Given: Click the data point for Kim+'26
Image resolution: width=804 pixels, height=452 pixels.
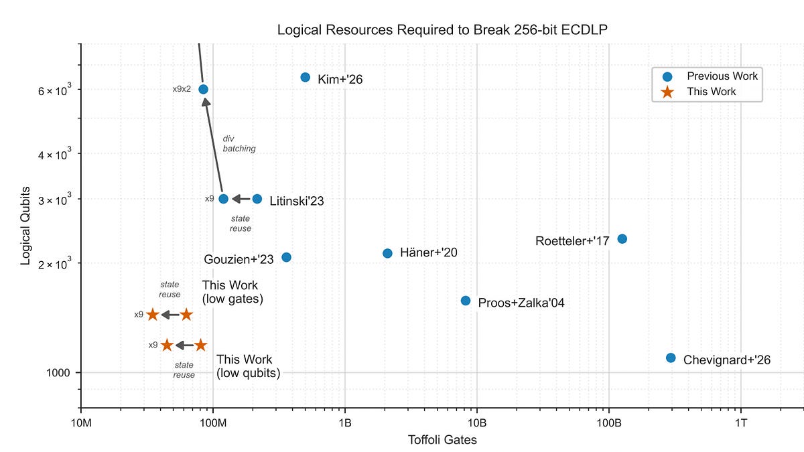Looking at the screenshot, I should [306, 78].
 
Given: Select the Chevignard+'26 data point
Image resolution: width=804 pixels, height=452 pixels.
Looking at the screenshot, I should [671, 358].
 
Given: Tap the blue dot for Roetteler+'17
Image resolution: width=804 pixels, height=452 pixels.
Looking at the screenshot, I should [622, 239].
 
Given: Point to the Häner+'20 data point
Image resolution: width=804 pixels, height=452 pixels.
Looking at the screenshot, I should [387, 253].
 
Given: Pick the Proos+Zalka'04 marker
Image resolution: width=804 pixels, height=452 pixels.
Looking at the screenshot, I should [466, 301].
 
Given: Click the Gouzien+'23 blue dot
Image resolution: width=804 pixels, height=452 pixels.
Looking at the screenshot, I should [286, 257].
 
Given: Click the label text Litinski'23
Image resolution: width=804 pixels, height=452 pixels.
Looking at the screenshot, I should [297, 201].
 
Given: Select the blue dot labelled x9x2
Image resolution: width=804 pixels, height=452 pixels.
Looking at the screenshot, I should [203, 89].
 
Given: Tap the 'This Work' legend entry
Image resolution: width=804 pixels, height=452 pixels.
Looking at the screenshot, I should [711, 92].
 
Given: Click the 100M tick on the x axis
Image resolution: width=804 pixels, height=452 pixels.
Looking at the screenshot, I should [213, 422].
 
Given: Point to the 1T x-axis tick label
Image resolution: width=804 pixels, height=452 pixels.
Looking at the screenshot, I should [741, 422].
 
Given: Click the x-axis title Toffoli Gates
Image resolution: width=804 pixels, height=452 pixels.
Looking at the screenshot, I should [442, 440].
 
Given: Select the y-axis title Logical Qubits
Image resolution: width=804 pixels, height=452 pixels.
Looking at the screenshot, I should [25, 226].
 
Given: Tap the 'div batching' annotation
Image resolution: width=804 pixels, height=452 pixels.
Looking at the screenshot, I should [239, 144].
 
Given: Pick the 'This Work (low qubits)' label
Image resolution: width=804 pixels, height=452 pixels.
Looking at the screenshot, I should [248, 366].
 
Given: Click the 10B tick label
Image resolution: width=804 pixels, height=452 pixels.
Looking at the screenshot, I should [476, 422].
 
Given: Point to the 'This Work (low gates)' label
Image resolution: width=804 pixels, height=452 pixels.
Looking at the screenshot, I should [232, 293].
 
